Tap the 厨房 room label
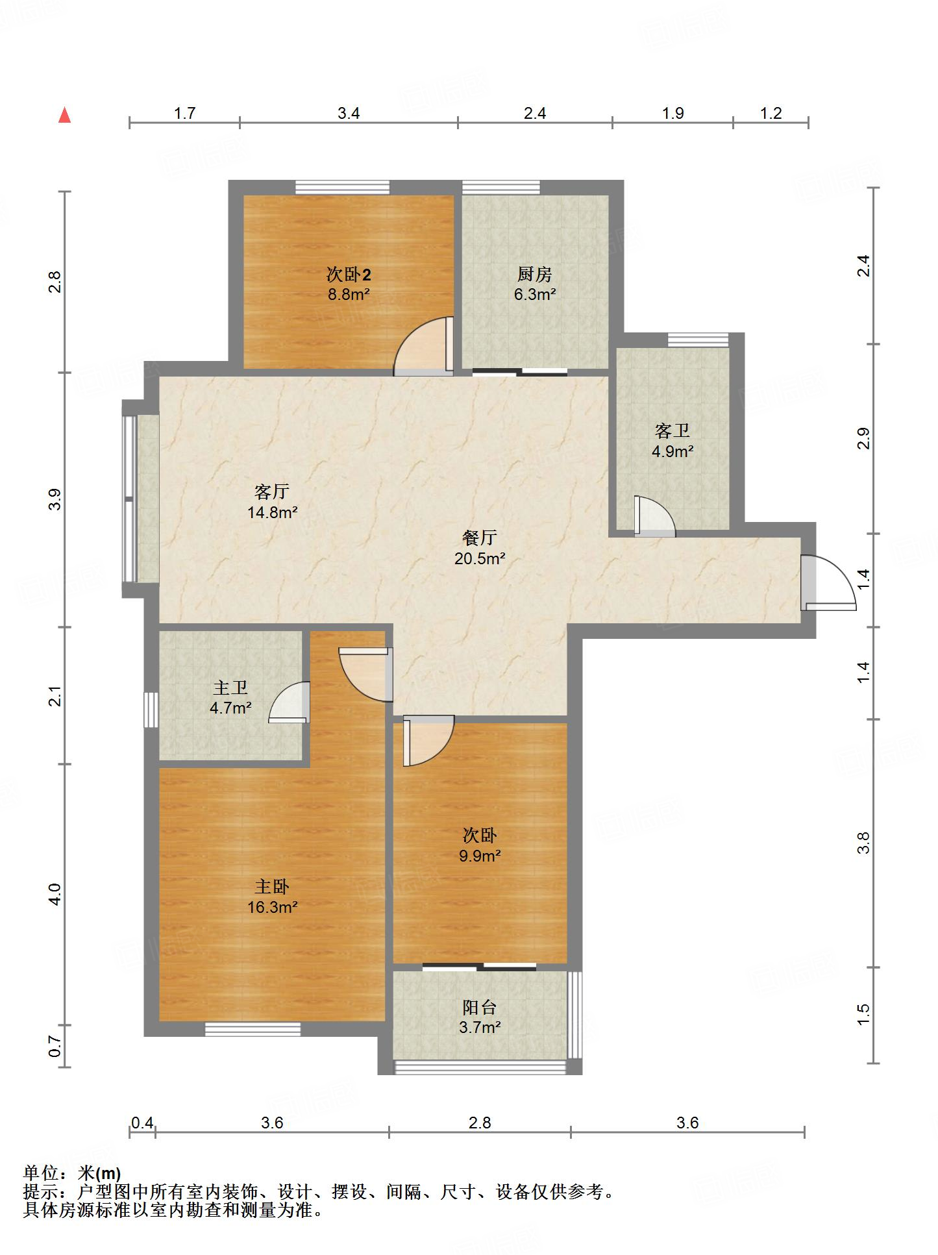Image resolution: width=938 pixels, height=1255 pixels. pyautogui.click(x=535, y=274)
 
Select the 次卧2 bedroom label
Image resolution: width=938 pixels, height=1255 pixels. pyautogui.click(x=349, y=274)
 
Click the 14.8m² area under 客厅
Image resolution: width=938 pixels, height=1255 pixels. pyautogui.click(x=272, y=512)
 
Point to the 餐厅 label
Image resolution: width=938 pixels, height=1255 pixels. pyautogui.click(x=480, y=537)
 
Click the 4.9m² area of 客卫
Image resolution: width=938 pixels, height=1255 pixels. pyautogui.click(x=673, y=451)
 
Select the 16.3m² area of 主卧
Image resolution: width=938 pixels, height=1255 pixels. pyautogui.click(x=272, y=907)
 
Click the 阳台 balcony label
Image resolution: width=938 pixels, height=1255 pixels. pyautogui.click(x=480, y=1007)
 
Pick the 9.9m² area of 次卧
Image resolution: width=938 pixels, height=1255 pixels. pyautogui.click(x=480, y=856)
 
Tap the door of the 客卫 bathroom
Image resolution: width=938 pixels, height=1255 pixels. pyautogui.click(x=655, y=516)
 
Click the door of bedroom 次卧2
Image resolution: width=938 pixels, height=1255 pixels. pyautogui.click(x=424, y=346)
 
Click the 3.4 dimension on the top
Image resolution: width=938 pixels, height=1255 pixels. pyautogui.click(x=349, y=113)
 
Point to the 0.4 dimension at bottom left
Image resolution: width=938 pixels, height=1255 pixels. pyautogui.click(x=142, y=1123)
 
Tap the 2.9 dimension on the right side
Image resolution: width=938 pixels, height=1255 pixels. pyautogui.click(x=863, y=439)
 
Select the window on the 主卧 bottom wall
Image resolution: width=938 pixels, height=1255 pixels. pyautogui.click(x=253, y=1029)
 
